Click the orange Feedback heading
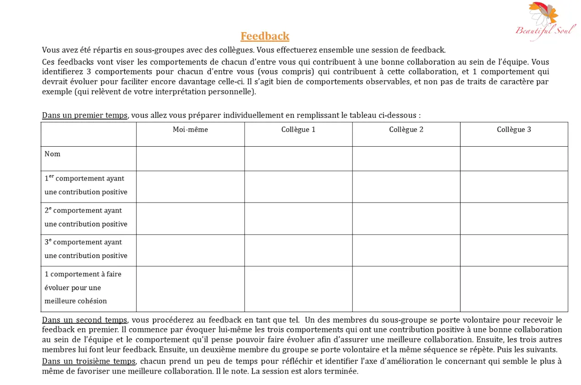pos(265,36)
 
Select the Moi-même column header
pos(190,130)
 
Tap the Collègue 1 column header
pos(298,130)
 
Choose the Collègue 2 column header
pos(406,130)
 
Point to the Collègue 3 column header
pos(514,130)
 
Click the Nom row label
pos(53,154)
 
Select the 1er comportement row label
pos(86,185)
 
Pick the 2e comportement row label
pos(86,217)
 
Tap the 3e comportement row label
pos(86,249)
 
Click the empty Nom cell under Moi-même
pos(190,159)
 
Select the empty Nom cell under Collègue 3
pos(514,159)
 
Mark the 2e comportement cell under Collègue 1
pos(298,219)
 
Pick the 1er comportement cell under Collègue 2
pos(406,187)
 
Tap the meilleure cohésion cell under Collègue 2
pos(406,289)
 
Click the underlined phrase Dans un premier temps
pos(85,115)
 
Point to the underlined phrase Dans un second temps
pos(85,320)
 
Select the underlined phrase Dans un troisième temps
pos(88,361)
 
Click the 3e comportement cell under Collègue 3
pos(514,250)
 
